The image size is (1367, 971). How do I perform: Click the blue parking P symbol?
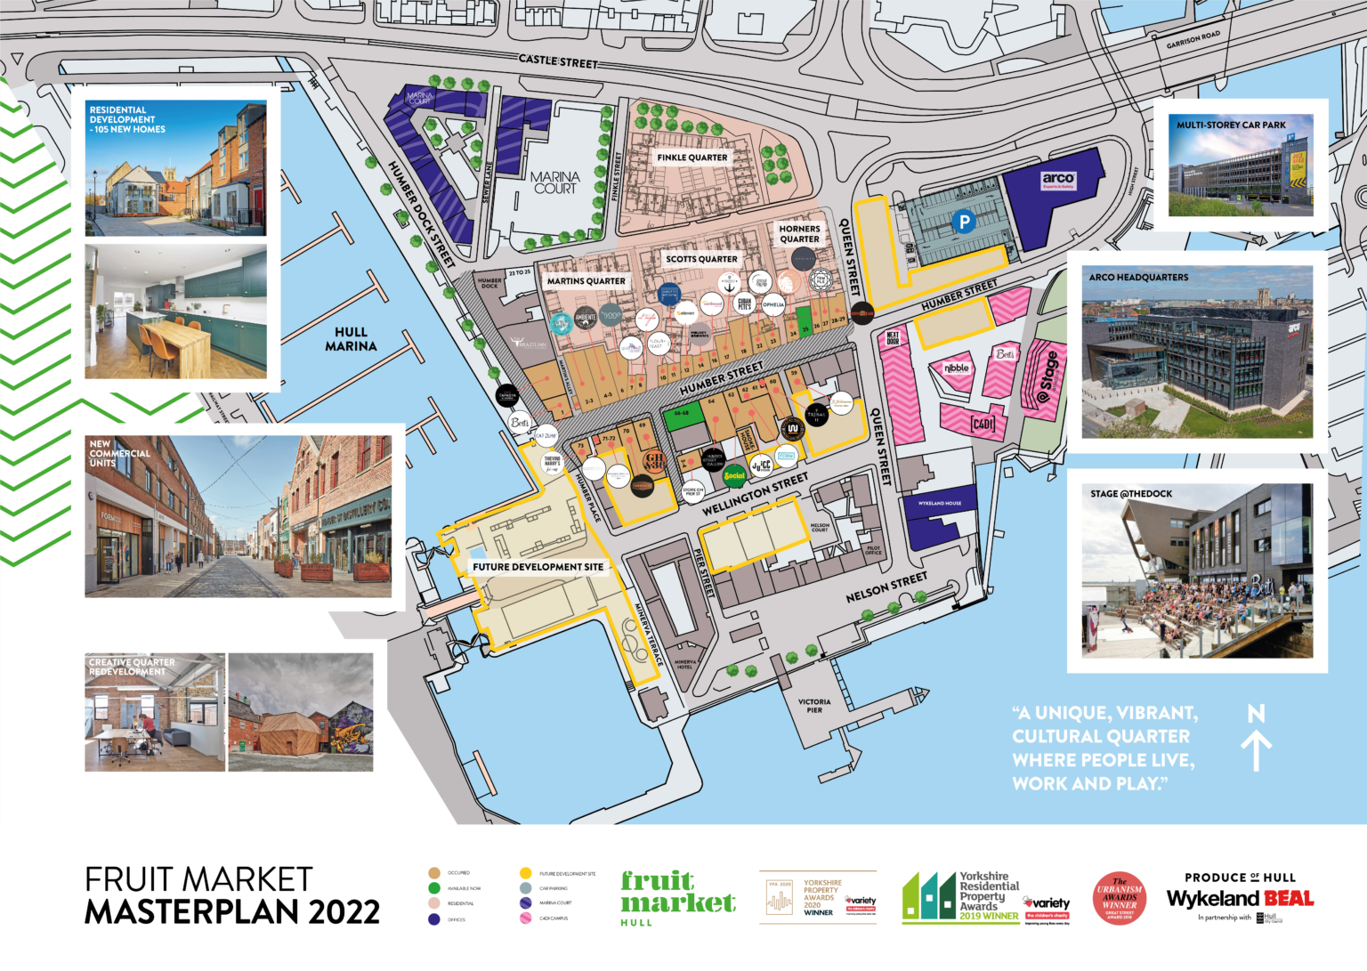(x=963, y=222)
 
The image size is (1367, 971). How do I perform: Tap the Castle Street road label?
(x=558, y=61)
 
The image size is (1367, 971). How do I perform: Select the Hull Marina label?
(x=351, y=339)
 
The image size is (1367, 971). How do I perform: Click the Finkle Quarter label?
(x=692, y=158)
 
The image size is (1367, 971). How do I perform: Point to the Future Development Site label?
(x=538, y=567)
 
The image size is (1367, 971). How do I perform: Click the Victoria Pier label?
(x=814, y=706)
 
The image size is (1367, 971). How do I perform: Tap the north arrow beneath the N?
(x=1256, y=750)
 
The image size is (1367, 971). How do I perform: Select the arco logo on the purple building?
(x=1058, y=180)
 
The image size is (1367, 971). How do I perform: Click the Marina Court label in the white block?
(x=555, y=182)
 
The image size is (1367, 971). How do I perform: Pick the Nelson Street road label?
(x=886, y=587)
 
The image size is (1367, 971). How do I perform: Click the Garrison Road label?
(x=1193, y=40)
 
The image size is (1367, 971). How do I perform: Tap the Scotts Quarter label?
(x=701, y=259)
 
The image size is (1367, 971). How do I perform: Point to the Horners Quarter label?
(x=799, y=234)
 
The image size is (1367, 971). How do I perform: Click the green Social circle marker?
(x=734, y=475)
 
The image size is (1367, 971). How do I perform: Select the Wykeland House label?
(x=940, y=504)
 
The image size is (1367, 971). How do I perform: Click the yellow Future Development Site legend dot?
(x=525, y=873)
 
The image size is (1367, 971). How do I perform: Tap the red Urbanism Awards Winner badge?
(x=1120, y=898)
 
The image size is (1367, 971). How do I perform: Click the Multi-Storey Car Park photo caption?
(x=1231, y=125)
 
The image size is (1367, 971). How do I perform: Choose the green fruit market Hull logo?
(x=677, y=897)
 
